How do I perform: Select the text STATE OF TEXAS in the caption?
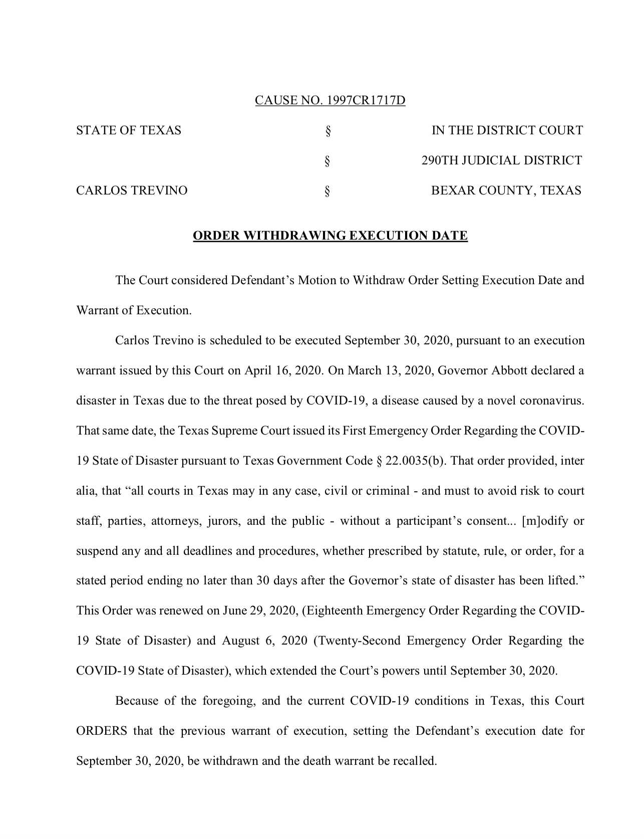[x=129, y=131]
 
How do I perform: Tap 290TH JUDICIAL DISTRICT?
[x=501, y=161]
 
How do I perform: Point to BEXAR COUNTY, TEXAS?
[x=506, y=191]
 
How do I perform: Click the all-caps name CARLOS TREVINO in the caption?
[x=132, y=191]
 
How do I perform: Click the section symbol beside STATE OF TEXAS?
[x=328, y=132]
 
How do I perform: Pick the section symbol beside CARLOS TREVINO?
[x=328, y=191]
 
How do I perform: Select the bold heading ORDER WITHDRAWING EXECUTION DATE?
[x=331, y=236]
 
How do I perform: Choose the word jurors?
[x=224, y=521]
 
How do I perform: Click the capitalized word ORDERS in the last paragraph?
[x=101, y=731]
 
